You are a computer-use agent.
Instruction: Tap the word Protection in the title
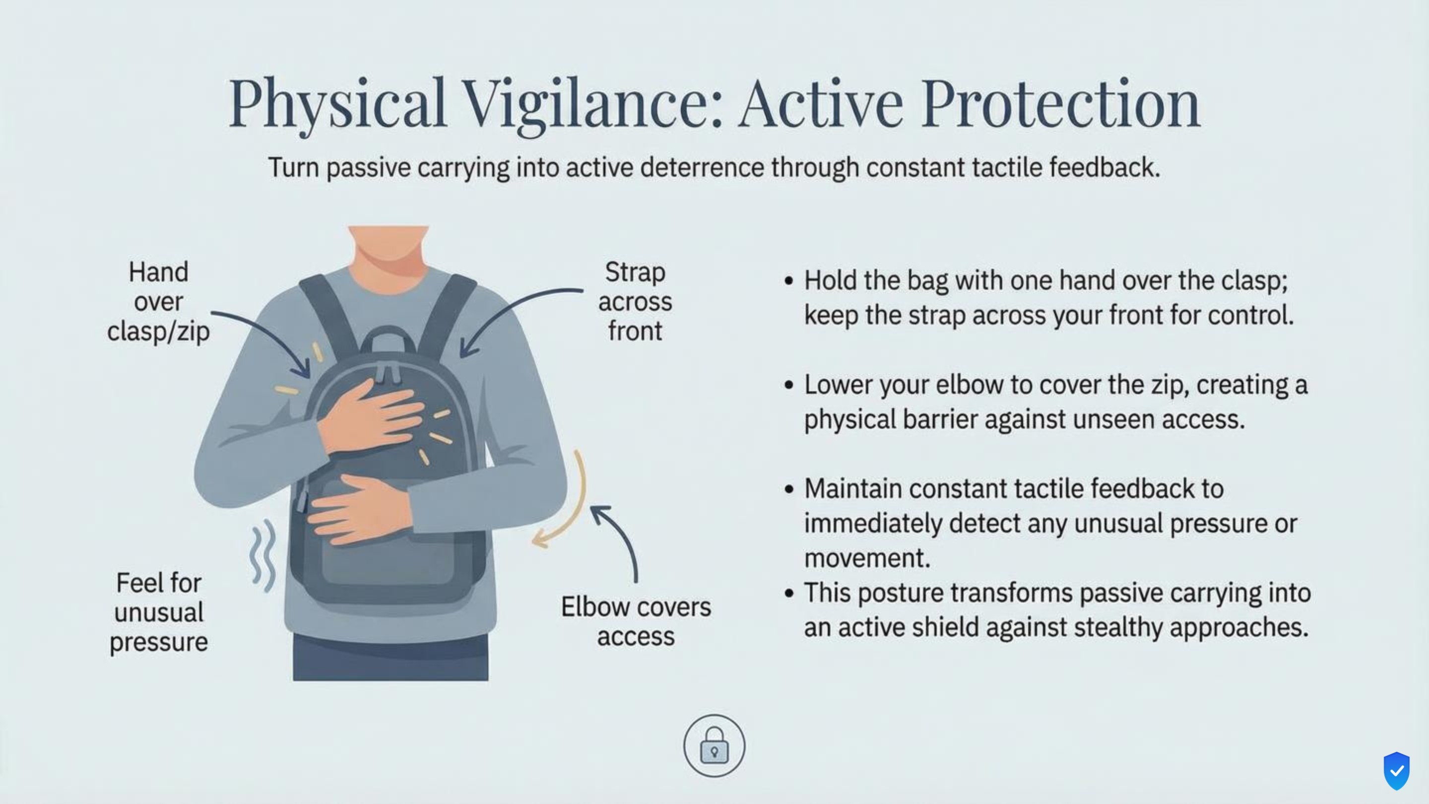click(x=1061, y=104)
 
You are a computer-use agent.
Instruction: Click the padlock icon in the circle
click(x=714, y=744)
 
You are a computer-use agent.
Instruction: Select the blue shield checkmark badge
click(x=1396, y=770)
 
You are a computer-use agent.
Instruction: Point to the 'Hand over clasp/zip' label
click(x=159, y=302)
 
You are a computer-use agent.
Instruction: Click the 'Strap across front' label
click(x=635, y=302)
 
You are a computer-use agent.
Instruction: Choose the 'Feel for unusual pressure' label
click(x=159, y=612)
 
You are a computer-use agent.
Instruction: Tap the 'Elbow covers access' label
click(x=636, y=621)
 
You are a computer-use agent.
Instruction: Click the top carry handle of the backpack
click(x=389, y=339)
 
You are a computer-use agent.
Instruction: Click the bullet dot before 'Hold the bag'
click(x=789, y=281)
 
